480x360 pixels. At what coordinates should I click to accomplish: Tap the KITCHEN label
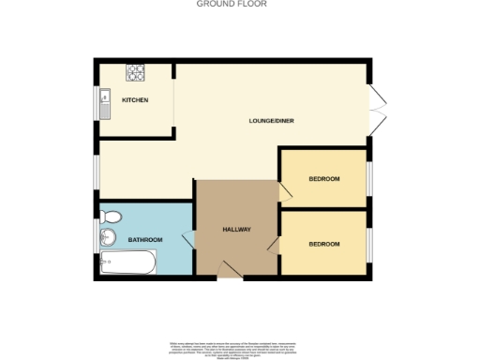click(x=134, y=100)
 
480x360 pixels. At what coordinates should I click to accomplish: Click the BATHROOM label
click(x=145, y=240)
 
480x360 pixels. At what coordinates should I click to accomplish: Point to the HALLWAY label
click(x=235, y=230)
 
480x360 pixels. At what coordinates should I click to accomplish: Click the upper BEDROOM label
click(x=323, y=178)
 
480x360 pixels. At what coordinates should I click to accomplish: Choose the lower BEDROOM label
click(x=323, y=244)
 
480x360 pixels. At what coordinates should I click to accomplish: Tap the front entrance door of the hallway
click(x=229, y=271)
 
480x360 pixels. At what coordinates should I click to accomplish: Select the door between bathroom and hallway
click(x=187, y=243)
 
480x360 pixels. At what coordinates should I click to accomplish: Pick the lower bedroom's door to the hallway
click(x=274, y=245)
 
